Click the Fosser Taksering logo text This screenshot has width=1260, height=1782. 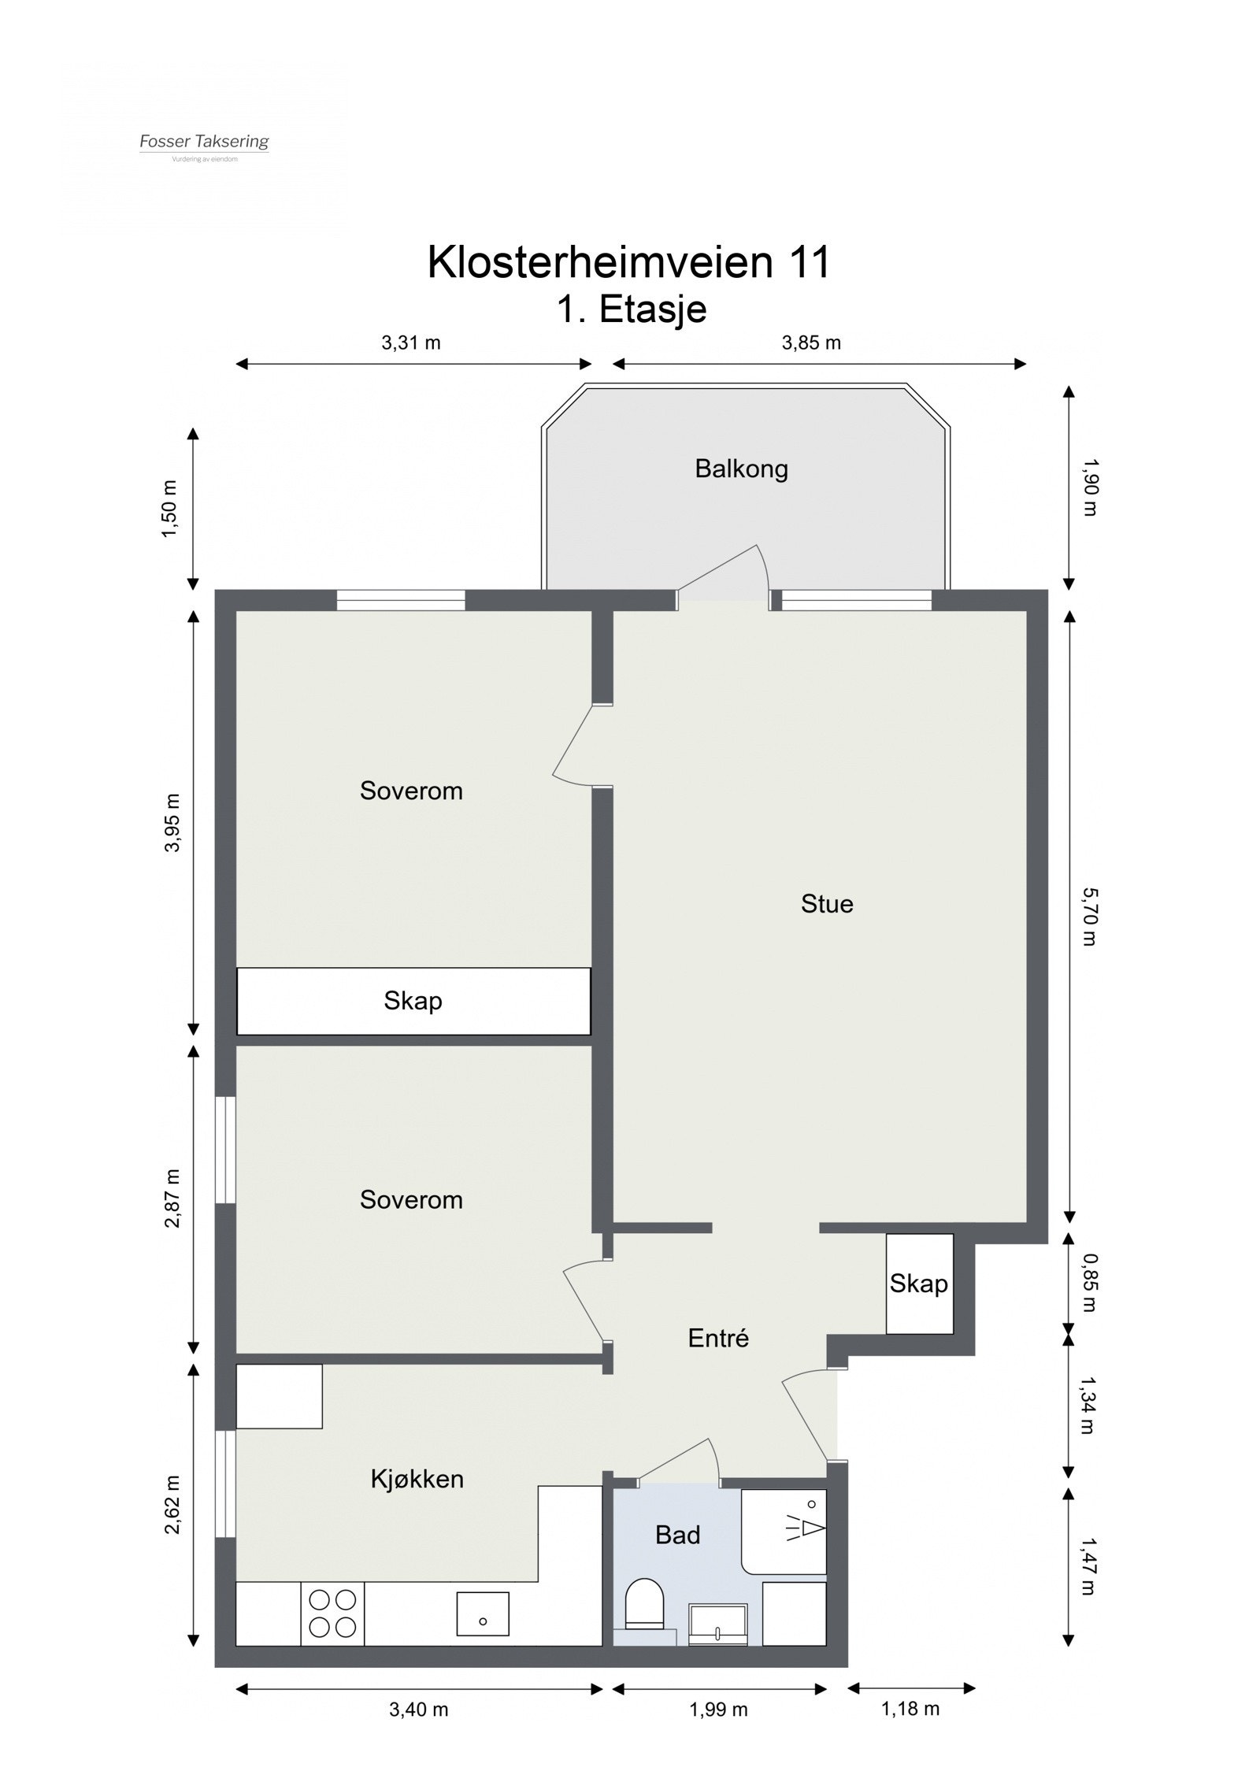coord(204,142)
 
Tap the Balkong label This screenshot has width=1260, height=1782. coord(740,469)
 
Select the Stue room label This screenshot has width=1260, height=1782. coord(826,903)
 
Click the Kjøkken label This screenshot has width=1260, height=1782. coord(417,1478)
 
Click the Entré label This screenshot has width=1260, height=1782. coord(717,1337)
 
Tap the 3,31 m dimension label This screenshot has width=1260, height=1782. coord(410,343)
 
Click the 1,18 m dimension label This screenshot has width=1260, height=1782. coord(910,1730)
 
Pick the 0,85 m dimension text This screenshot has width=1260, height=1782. coord(1089,1283)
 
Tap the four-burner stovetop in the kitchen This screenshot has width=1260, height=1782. coord(332,1613)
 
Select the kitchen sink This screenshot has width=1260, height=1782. coord(482,1613)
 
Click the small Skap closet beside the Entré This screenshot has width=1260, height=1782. coord(918,1284)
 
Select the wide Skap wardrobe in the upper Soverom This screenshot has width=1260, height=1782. coord(413,1001)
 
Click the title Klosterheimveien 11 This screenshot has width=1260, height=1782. coord(628,262)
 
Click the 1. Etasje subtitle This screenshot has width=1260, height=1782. coord(632,309)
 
